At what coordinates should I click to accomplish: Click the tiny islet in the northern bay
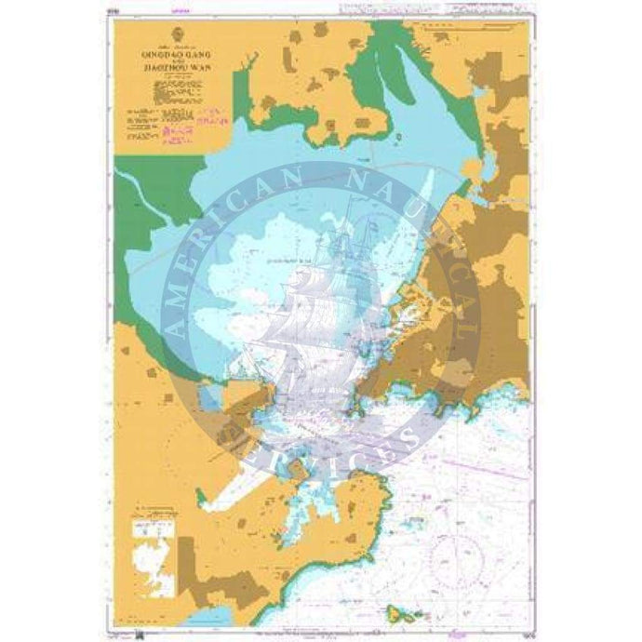coord(398,140)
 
